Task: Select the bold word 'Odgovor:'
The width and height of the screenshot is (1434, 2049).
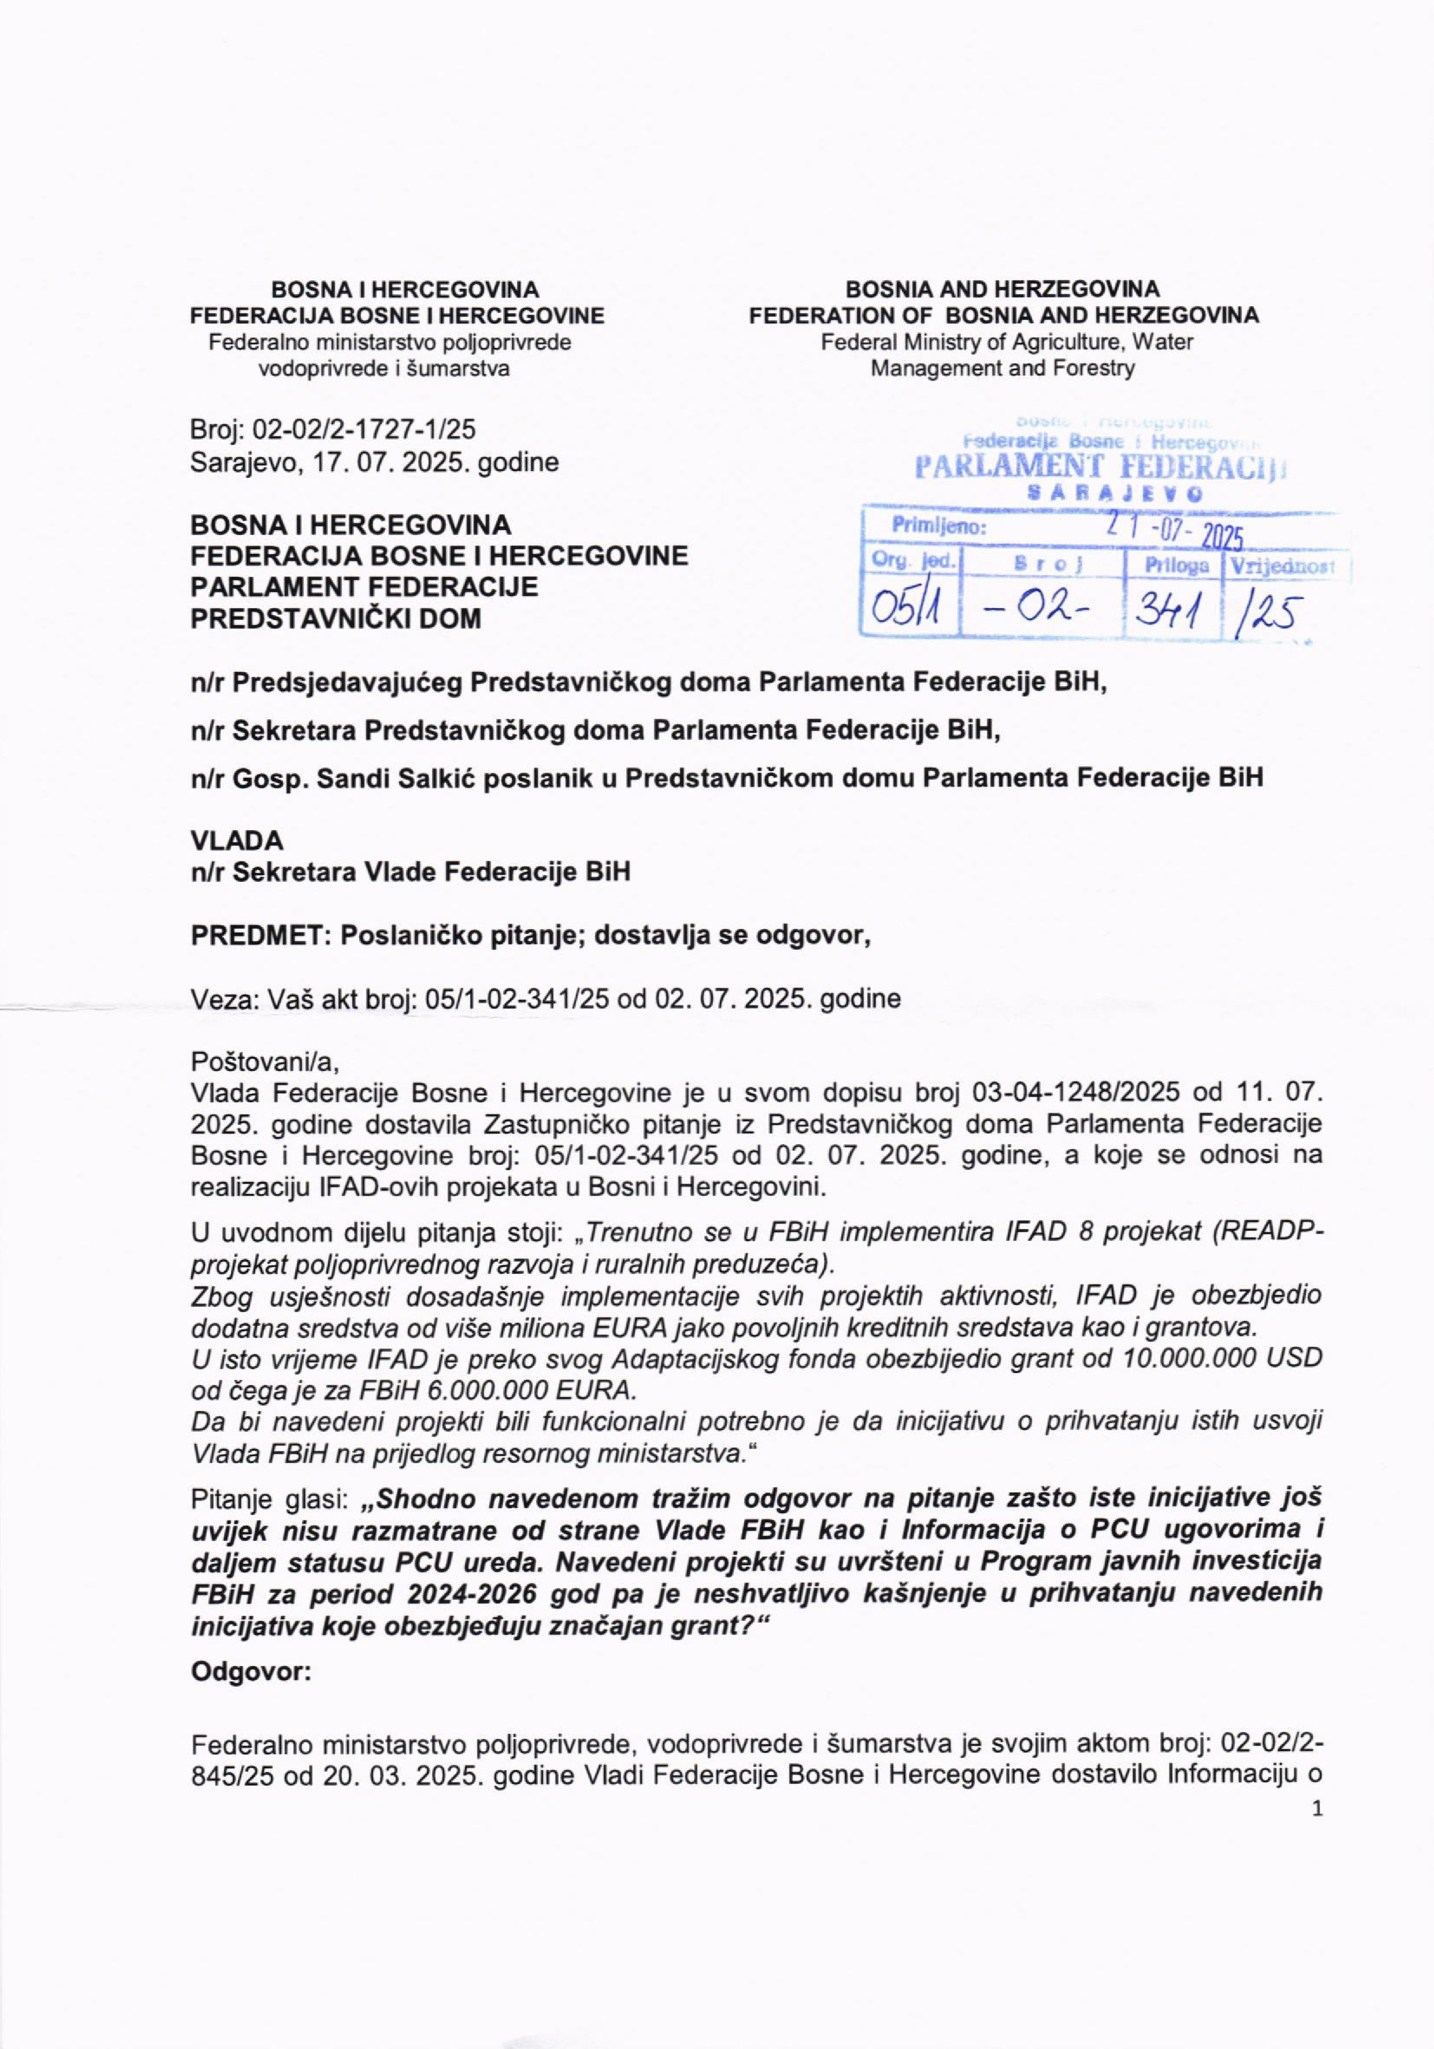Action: pyautogui.click(x=251, y=1671)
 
